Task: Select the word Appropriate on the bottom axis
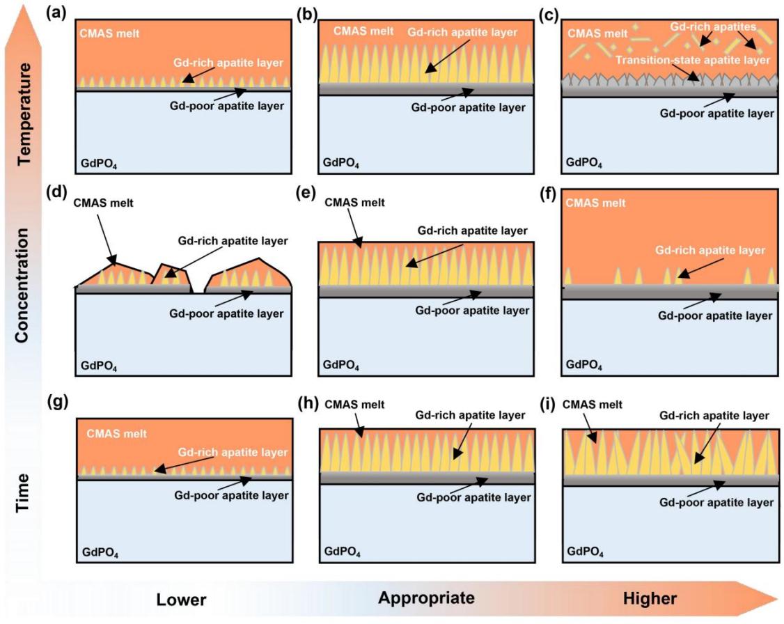click(x=426, y=598)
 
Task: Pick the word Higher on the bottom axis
click(x=650, y=598)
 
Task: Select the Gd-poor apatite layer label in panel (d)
click(x=227, y=313)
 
